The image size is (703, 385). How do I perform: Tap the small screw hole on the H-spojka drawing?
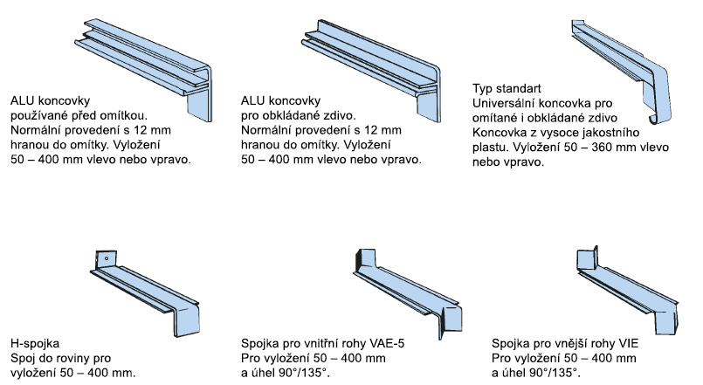coord(103,258)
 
